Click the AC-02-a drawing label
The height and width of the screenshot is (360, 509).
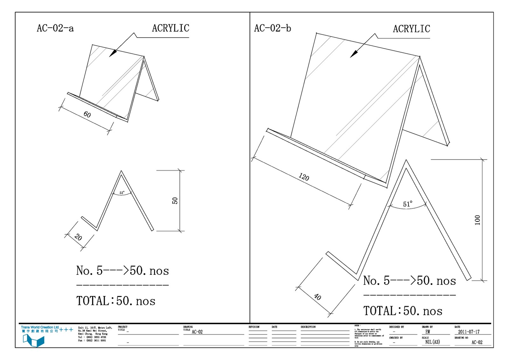pyautogui.click(x=55, y=28)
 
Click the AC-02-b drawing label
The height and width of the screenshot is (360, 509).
pyautogui.click(x=272, y=28)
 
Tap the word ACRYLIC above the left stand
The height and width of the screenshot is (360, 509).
pyautogui.click(x=171, y=28)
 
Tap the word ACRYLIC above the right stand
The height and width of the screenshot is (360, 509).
pyautogui.click(x=411, y=29)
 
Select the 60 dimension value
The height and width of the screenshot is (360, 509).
pyautogui.click(x=87, y=114)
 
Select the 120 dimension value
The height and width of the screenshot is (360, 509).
pyautogui.click(x=304, y=177)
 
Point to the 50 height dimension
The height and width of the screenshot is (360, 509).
pyautogui.click(x=175, y=201)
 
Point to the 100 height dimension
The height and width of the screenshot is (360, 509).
pyautogui.click(x=477, y=220)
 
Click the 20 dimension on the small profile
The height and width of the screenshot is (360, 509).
pyautogui.click(x=78, y=237)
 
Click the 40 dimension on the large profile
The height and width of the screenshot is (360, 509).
pyautogui.click(x=317, y=297)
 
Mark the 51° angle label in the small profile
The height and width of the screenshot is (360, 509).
pyautogui.click(x=122, y=193)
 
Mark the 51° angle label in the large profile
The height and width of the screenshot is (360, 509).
pyautogui.click(x=408, y=204)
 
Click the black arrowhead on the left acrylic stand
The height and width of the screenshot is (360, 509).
pyautogui.click(x=113, y=53)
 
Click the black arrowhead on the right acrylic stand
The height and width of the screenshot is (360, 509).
pyautogui.click(x=354, y=54)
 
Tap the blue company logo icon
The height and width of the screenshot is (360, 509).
pyautogui.click(x=33, y=341)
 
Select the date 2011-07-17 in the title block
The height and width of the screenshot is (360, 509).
pyautogui.click(x=469, y=332)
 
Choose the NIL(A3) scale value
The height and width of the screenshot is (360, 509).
pyautogui.click(x=432, y=342)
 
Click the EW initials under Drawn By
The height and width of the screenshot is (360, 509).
pyautogui.click(x=428, y=332)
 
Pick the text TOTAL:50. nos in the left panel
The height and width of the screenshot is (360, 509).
pyautogui.click(x=116, y=301)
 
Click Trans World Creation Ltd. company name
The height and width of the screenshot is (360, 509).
pyautogui.click(x=40, y=327)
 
